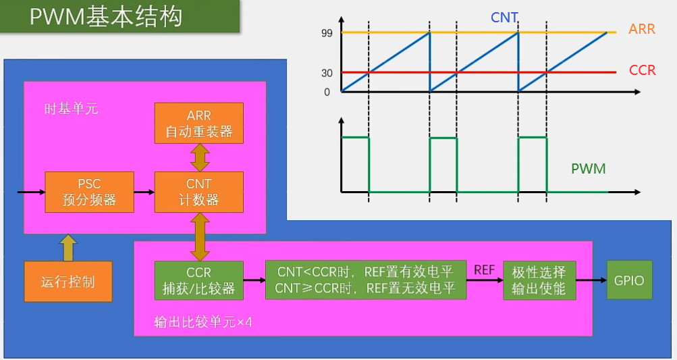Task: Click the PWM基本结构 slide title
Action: pyautogui.click(x=106, y=16)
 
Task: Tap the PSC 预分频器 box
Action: pyautogui.click(x=89, y=191)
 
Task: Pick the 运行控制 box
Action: pyautogui.click(x=67, y=281)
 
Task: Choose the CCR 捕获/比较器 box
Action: pyautogui.click(x=198, y=280)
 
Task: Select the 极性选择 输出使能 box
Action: pyautogui.click(x=539, y=280)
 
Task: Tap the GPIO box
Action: pyautogui.click(x=630, y=280)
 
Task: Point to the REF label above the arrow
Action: pyautogui.click(x=485, y=269)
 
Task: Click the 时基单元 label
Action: pyautogui.click(x=71, y=108)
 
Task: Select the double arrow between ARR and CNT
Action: pyautogui.click(x=199, y=157)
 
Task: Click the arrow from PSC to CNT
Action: pyautogui.click(x=144, y=192)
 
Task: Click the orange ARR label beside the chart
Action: pyautogui.click(x=641, y=30)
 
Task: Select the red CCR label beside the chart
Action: pyautogui.click(x=642, y=70)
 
